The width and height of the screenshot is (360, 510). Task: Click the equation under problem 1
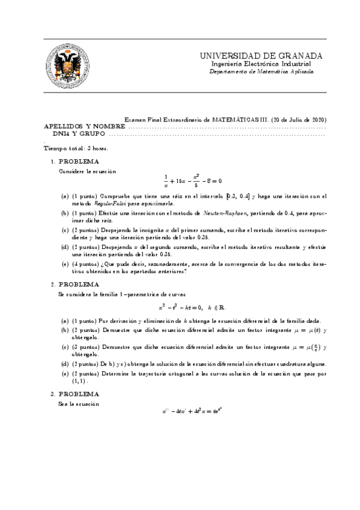point(192,180)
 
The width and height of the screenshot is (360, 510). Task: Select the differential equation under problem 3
point(192,412)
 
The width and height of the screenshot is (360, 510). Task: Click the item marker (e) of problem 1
point(65,265)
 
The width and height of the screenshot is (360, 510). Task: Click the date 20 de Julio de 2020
point(298,120)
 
